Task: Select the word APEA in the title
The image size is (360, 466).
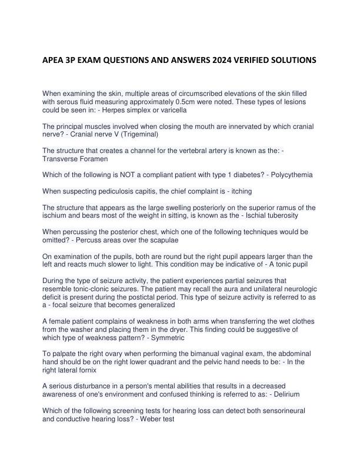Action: point(55,60)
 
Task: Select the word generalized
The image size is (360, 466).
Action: point(156,306)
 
